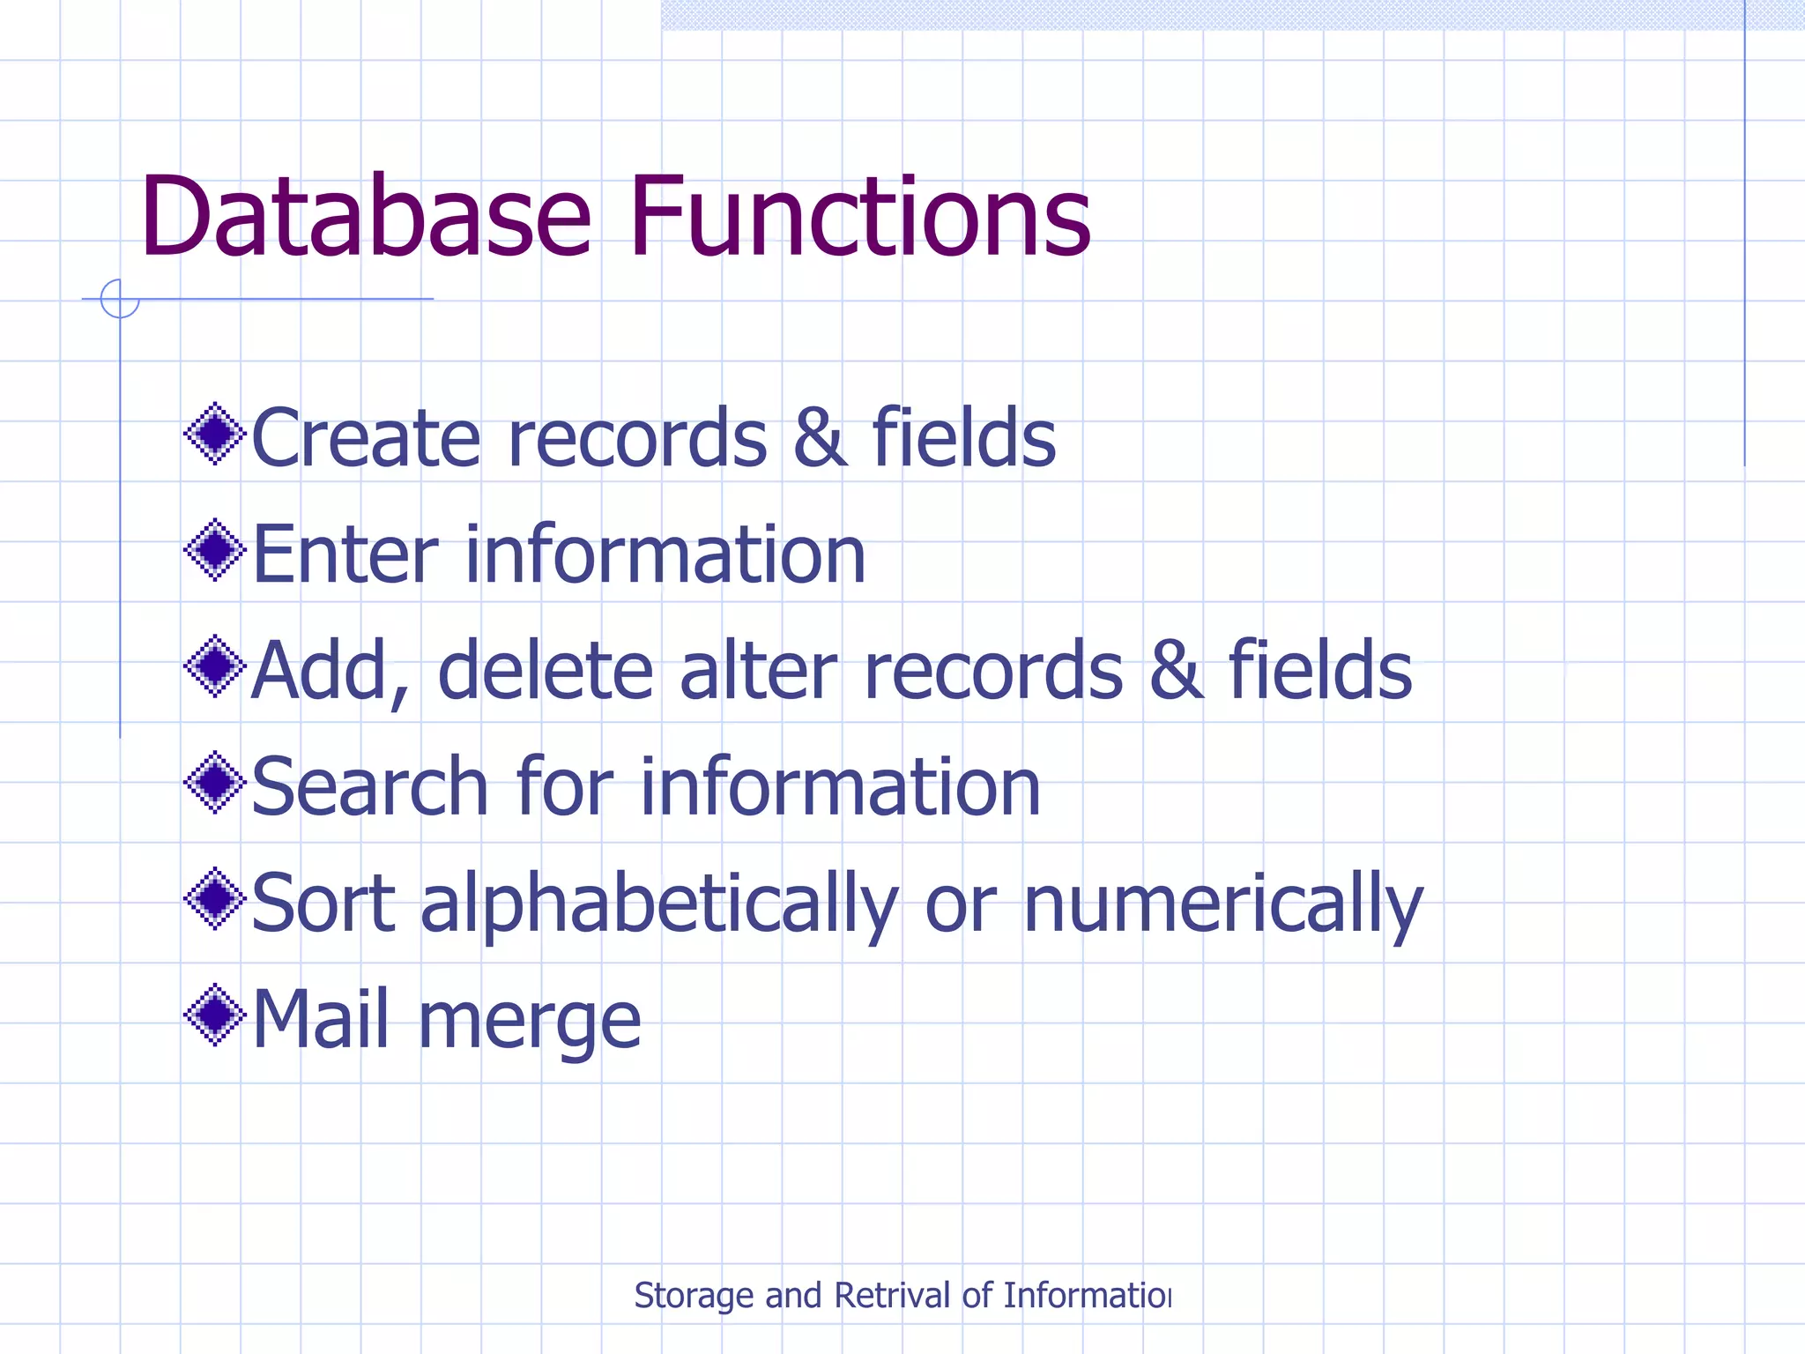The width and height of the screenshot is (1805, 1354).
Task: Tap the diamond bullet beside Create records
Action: pyautogui.click(x=215, y=434)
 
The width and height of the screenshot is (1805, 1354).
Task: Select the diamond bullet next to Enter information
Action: pyautogui.click(x=215, y=551)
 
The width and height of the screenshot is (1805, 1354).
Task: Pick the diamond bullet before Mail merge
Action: pyautogui.click(x=215, y=1015)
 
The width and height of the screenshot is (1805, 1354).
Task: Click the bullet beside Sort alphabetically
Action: pyautogui.click(x=215, y=899)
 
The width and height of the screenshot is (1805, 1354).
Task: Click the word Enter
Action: pyautogui.click(x=345, y=554)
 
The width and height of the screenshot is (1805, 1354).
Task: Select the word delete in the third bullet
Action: pyautogui.click(x=546, y=671)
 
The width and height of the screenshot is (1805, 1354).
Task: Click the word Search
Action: pyautogui.click(x=369, y=787)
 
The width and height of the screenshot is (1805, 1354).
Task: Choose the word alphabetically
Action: pyautogui.click(x=658, y=905)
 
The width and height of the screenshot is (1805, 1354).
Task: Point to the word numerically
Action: pyautogui.click(x=1222, y=905)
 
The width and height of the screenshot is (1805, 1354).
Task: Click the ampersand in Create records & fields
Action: pyautogui.click(x=819, y=438)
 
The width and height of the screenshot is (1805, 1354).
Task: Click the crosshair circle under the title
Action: pyautogui.click(x=120, y=299)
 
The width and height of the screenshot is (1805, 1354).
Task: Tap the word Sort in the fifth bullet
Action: pyautogui.click(x=323, y=904)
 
